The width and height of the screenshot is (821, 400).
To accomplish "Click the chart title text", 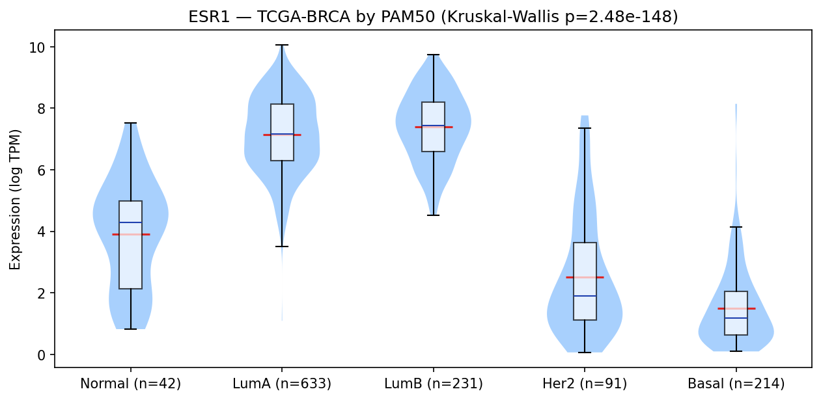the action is (x=433, y=17).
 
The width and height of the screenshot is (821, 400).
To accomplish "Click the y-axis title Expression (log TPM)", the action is (x=15, y=200).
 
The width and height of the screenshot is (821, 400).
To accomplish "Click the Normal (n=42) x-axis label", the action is (x=130, y=384).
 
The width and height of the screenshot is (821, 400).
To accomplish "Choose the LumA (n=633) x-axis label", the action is (x=282, y=384).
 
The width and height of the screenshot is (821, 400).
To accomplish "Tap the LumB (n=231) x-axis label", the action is (x=433, y=384).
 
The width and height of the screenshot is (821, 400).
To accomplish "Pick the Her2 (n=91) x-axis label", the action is (x=585, y=384).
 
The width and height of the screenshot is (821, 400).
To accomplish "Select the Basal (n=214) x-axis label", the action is (x=736, y=384).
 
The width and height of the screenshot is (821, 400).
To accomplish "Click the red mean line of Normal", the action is (x=131, y=234).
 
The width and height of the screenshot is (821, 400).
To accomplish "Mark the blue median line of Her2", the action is (x=585, y=295).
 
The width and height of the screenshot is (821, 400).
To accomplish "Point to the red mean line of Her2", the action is (x=585, y=277).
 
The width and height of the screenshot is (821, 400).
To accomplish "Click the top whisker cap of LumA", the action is (x=282, y=45).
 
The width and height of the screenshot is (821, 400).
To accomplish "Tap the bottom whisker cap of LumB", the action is (x=433, y=215).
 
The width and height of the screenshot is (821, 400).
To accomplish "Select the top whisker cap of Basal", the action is (x=736, y=227).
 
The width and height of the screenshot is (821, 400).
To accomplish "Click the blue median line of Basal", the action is (x=736, y=318).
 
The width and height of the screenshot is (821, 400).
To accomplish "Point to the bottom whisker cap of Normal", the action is (x=131, y=329).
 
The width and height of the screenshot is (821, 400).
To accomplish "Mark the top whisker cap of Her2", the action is (x=585, y=128).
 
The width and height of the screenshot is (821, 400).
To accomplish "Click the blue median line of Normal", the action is (x=131, y=222).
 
